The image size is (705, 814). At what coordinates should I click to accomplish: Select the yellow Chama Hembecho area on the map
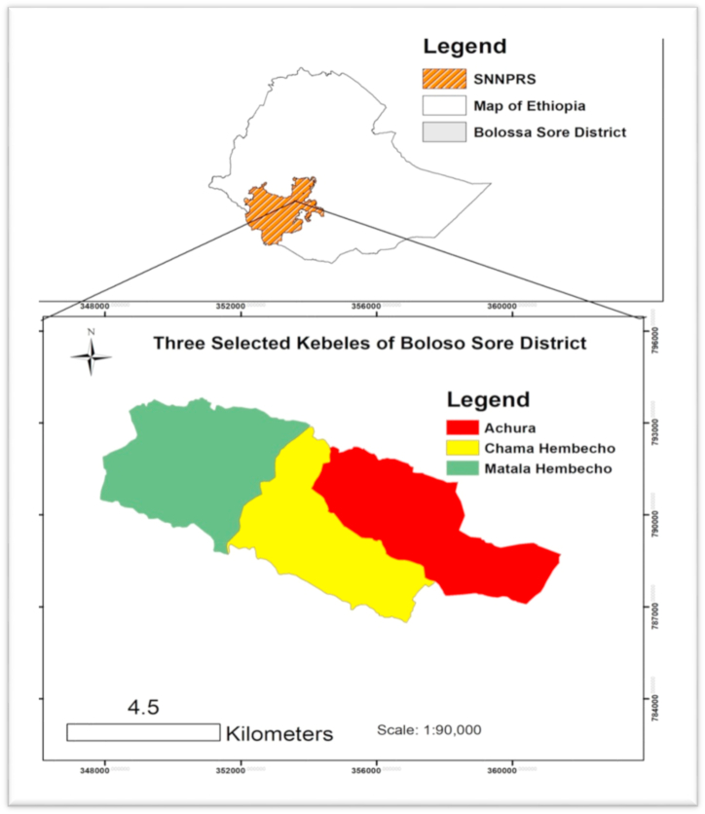331,545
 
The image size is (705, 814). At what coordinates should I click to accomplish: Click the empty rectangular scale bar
143,732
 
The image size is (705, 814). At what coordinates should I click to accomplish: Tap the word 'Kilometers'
279,733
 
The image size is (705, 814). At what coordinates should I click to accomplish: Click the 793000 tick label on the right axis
660,425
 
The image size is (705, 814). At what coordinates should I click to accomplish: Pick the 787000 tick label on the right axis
660,610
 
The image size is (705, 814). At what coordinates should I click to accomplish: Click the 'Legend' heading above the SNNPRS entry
464,46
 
